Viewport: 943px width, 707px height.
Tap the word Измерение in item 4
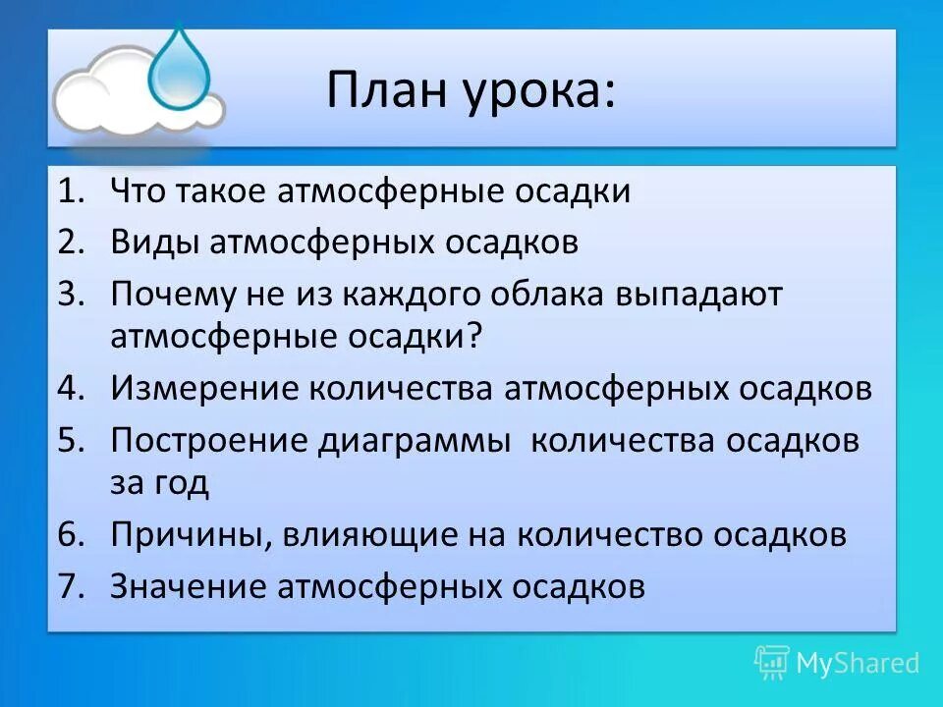203,388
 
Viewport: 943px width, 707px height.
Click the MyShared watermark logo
837,663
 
